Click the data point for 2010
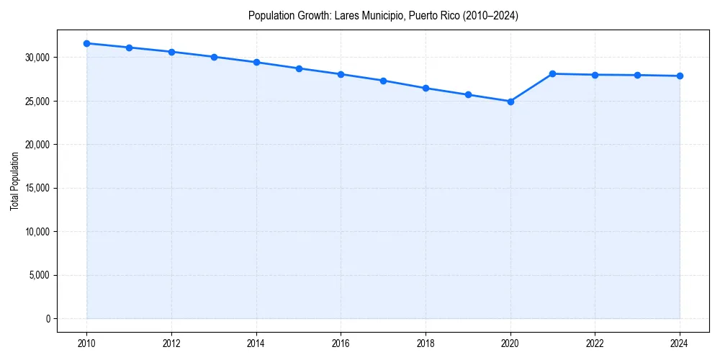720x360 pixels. [x=86, y=43]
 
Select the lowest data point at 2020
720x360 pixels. [x=510, y=102]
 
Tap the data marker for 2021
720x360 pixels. [x=553, y=73]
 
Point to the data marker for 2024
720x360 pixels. [x=680, y=76]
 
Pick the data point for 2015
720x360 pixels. [x=299, y=68]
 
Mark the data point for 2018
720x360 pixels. [x=426, y=88]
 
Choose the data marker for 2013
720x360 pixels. [x=214, y=57]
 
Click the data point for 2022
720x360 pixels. [x=595, y=75]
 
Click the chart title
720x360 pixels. [x=382, y=15]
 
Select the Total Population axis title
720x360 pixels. [x=14, y=181]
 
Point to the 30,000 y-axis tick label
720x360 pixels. [x=37, y=58]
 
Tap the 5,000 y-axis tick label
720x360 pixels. [x=39, y=275]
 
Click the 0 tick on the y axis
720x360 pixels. [x=48, y=319]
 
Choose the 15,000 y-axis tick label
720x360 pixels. [x=37, y=189]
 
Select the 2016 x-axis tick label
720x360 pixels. [x=341, y=343]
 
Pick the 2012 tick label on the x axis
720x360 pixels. [x=171, y=343]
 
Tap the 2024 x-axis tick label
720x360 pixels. [x=680, y=343]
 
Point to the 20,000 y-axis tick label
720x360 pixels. [x=37, y=145]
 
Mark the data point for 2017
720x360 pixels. [x=383, y=81]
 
